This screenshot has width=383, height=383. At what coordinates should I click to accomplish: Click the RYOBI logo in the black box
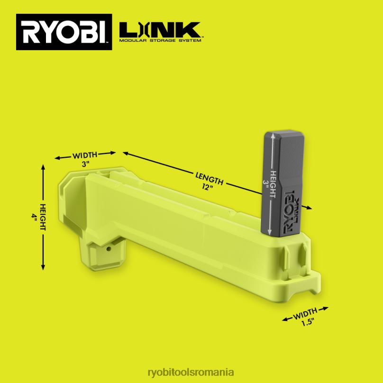(x=64, y=32)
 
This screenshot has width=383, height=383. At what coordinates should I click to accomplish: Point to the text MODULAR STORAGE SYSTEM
(x=160, y=41)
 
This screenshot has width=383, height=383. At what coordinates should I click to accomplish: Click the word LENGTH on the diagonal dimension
(x=210, y=178)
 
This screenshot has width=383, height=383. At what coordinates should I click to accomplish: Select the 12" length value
(x=208, y=187)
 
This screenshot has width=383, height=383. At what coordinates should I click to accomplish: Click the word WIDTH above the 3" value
(x=85, y=155)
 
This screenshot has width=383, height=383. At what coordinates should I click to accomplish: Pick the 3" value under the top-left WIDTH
(x=85, y=164)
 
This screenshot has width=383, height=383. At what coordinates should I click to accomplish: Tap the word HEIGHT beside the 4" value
(x=43, y=217)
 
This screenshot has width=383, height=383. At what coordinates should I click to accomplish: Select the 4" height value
(x=34, y=217)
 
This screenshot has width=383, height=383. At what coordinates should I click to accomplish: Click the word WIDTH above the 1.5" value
(x=305, y=314)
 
